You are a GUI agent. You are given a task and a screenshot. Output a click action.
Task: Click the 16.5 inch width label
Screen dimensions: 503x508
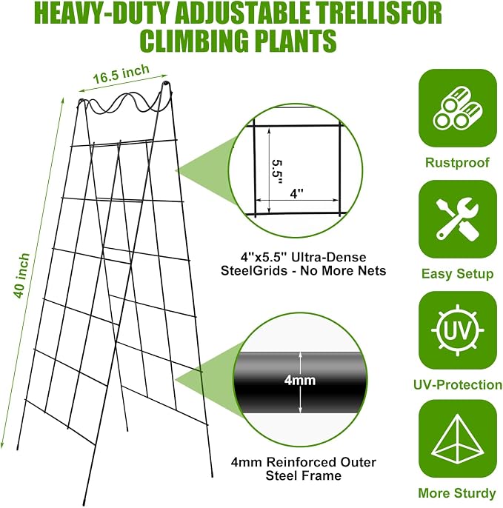(121, 75)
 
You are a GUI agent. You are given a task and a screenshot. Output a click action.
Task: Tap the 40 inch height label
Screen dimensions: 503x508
(21, 276)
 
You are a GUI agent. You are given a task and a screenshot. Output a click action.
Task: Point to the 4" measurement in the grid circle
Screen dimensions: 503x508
(296, 194)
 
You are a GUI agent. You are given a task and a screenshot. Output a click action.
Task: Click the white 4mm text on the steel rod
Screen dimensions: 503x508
(300, 380)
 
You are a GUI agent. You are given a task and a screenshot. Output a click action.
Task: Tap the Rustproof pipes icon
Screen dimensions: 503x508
(458, 108)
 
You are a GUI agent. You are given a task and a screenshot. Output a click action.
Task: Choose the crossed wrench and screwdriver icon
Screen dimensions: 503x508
(458, 219)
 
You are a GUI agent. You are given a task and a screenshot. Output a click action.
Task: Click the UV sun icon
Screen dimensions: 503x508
(458, 330)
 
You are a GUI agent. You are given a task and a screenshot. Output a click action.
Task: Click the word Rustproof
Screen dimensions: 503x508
(457, 163)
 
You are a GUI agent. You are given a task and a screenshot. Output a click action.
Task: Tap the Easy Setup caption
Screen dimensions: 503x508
(457, 274)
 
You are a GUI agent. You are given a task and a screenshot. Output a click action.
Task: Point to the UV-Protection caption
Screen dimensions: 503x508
(458, 385)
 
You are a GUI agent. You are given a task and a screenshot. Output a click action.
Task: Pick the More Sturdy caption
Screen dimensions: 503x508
(457, 493)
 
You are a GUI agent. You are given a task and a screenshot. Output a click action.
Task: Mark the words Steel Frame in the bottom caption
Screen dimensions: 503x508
(304, 475)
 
